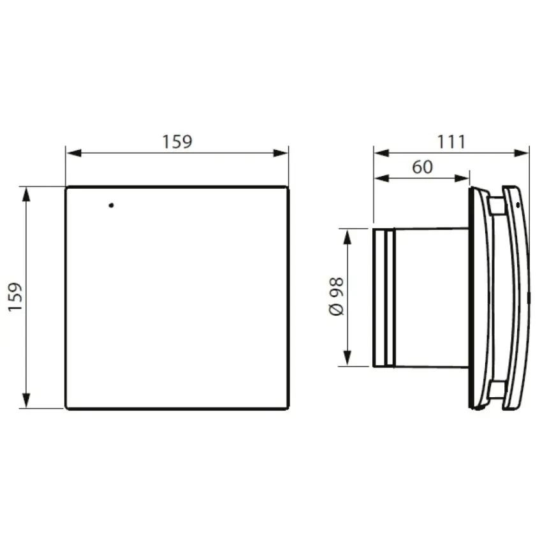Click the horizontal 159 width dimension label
pos(177,142)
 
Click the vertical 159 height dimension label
pos(15,297)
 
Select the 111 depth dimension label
pos(451,142)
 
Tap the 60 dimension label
pos(422,167)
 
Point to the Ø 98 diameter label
pos(336,297)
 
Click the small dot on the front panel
pos(111,205)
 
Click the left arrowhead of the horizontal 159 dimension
pos(73,153)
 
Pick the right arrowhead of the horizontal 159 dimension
pos(281,153)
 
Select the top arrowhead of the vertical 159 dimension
pos(26,194)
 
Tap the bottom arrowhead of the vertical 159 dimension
pos(26,400)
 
